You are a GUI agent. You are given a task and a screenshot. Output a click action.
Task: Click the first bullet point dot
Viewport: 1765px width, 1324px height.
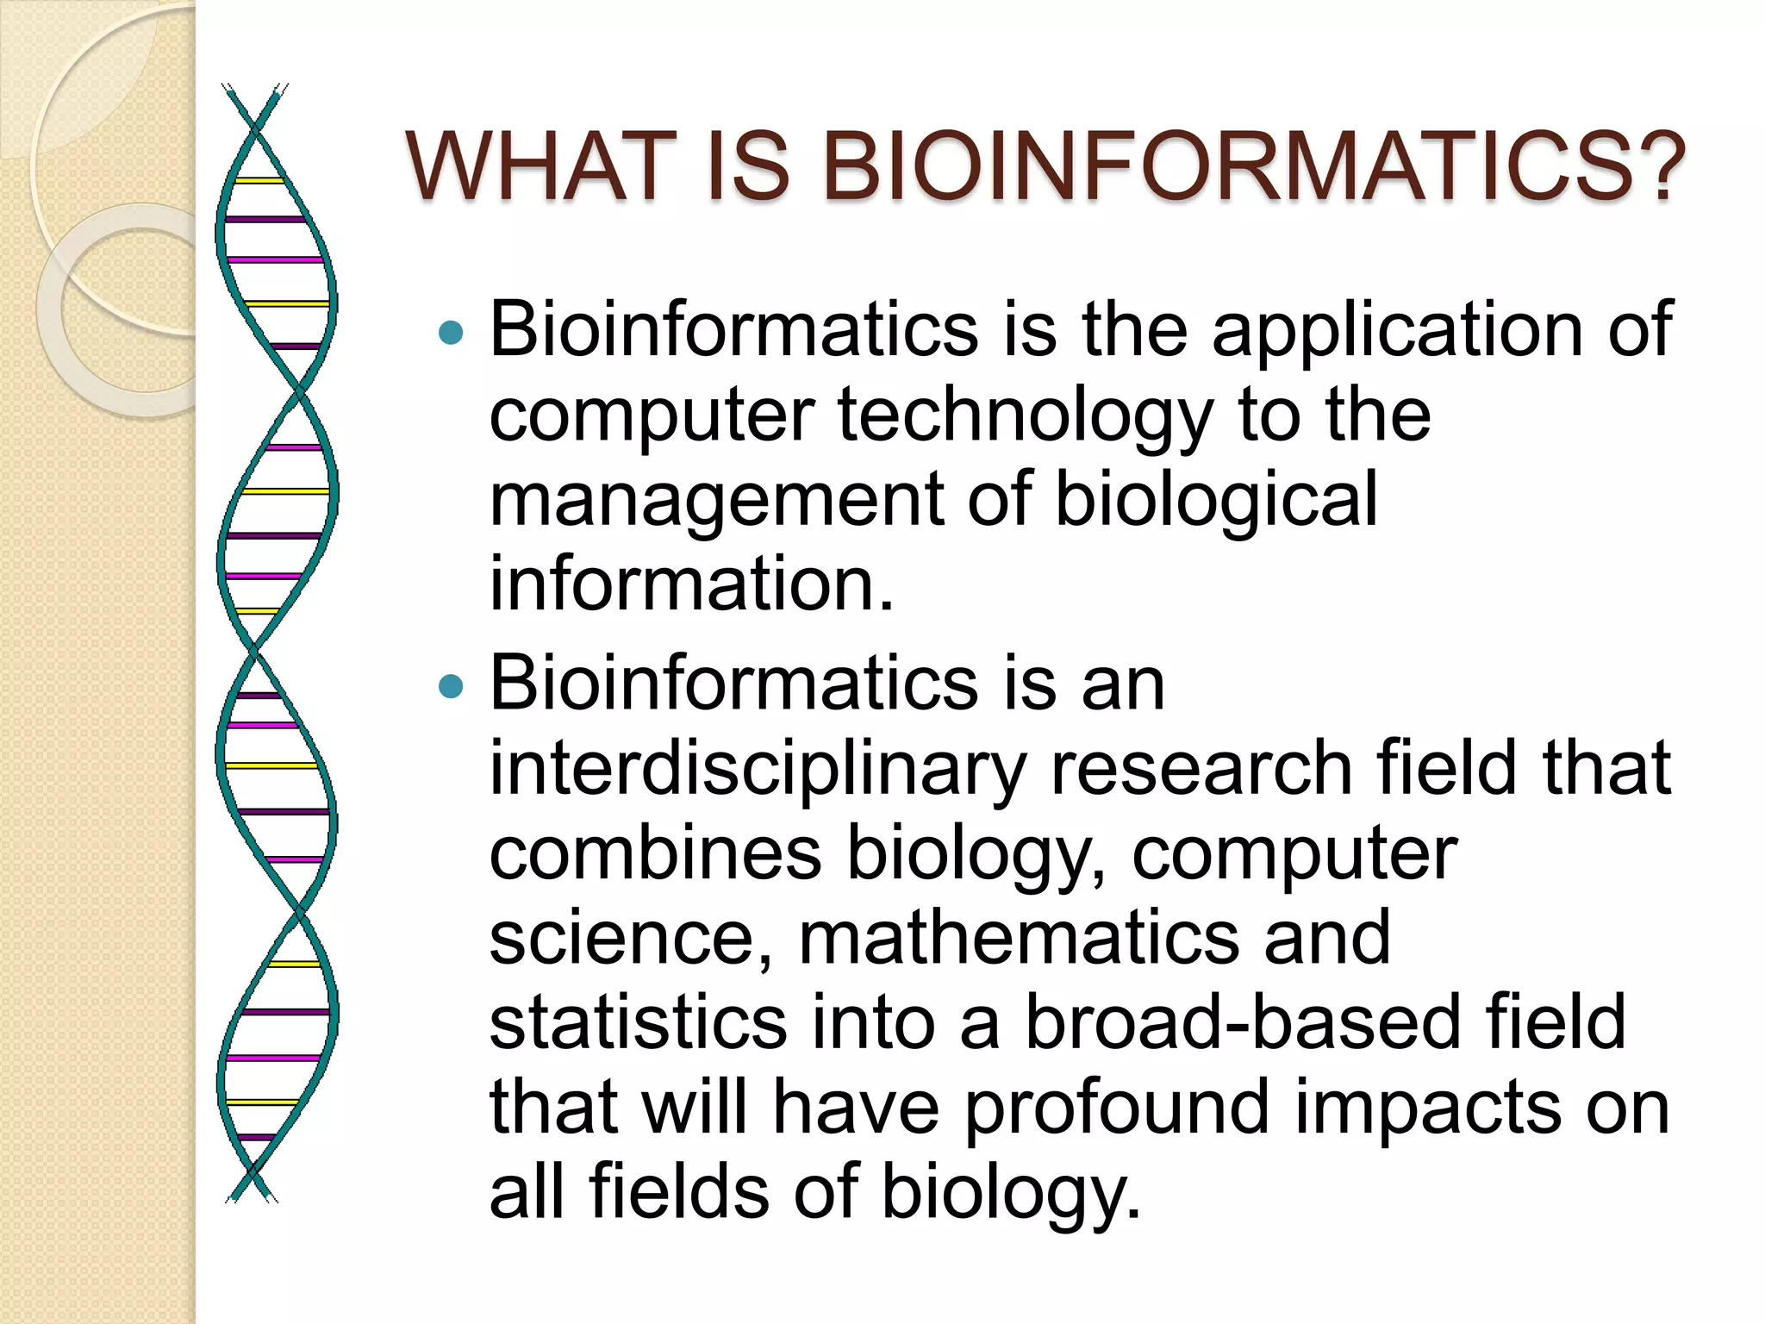[450, 332]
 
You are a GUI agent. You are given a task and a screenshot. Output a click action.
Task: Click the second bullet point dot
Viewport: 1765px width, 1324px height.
[450, 686]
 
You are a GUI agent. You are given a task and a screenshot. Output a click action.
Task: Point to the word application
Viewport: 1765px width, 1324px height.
[1397, 330]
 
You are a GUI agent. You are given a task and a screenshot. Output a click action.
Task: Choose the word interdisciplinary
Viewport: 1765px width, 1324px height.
[758, 769]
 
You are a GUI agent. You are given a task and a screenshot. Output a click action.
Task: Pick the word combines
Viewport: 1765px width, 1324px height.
[655, 853]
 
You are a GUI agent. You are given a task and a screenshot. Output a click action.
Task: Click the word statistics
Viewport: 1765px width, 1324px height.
[638, 1022]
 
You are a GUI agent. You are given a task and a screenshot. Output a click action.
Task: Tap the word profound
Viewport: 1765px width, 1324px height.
[1116, 1108]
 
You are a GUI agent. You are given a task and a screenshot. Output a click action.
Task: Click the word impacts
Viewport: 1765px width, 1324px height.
[1427, 1108]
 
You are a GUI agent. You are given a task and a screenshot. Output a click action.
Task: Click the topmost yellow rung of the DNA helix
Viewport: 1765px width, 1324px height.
[259, 181]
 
